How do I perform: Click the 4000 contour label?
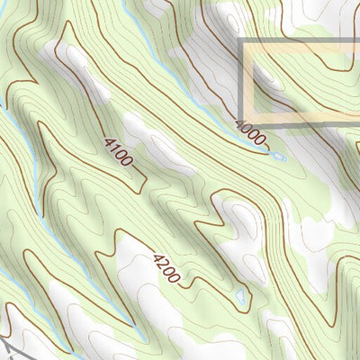pos(251,133)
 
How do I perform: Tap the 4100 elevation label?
pos(118,153)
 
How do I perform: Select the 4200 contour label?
pos(166,268)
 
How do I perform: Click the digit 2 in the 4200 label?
pos(162,265)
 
